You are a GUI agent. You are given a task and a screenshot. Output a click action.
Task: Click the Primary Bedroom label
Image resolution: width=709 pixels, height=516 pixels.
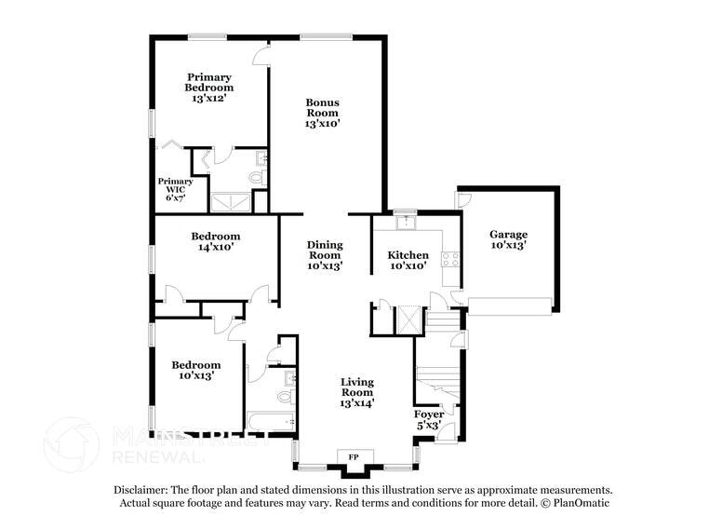208,87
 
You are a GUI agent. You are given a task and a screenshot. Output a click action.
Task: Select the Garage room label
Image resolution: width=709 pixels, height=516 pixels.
508,239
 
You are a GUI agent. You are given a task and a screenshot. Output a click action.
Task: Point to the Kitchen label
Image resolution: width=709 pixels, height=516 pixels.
408,260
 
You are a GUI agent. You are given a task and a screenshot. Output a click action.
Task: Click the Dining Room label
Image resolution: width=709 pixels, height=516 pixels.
325,254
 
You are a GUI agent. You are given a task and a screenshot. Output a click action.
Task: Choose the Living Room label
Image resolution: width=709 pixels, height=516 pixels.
356,391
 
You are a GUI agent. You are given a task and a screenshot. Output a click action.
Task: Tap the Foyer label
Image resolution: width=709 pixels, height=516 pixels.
428,419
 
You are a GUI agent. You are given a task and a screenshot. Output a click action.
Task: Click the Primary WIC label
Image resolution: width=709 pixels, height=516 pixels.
175,189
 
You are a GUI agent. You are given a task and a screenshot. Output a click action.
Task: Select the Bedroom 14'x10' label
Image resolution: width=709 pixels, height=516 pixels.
215,241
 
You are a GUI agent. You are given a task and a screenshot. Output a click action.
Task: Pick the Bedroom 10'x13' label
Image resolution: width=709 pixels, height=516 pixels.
195,370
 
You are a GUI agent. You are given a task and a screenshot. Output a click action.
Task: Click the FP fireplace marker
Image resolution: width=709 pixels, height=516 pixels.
354,456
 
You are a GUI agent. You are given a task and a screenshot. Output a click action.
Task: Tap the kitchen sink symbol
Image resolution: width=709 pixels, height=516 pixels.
404,222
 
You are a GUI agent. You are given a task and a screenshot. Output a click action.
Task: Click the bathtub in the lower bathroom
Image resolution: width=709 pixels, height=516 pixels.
270,423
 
